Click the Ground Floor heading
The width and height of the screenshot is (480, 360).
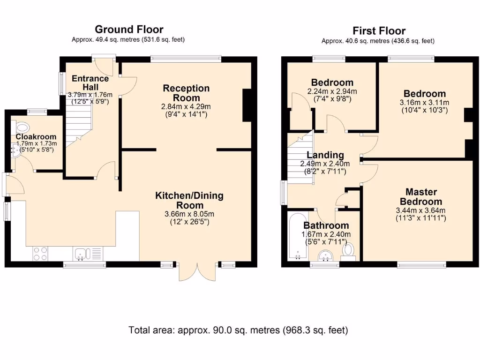coord(129,30)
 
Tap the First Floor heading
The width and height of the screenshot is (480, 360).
coord(379,31)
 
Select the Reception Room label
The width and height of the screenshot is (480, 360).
coord(186,93)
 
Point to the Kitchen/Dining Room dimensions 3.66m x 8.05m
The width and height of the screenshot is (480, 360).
coord(187,214)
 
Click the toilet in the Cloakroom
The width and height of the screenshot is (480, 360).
coord(22,127)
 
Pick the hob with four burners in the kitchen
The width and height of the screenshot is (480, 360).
coord(40,254)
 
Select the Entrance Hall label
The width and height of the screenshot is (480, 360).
coord(89,82)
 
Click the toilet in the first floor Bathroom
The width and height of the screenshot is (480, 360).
coord(348,251)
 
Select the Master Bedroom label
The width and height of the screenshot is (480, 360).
coord(421,196)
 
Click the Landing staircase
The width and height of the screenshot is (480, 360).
coord(299,159)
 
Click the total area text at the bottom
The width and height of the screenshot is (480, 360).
coord(239,330)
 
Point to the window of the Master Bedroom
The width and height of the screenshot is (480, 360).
coord(421,265)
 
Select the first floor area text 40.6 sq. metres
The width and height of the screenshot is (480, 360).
coord(378,41)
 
